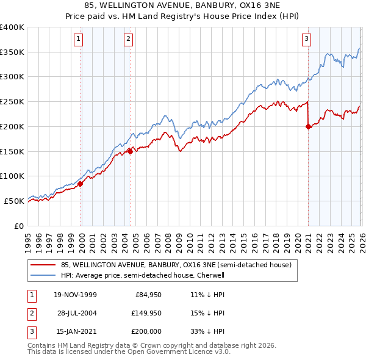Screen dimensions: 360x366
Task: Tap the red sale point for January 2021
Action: tap(308, 126)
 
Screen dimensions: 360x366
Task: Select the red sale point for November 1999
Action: tap(81, 183)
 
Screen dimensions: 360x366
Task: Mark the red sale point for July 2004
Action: tap(130, 151)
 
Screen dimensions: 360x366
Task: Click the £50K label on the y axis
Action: tap(15, 201)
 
